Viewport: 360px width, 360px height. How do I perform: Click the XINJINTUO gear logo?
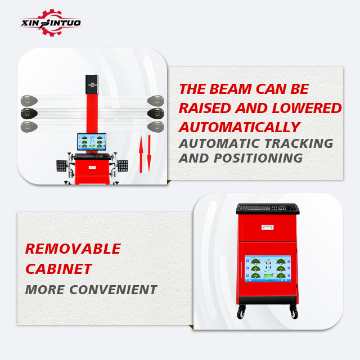point(51,22)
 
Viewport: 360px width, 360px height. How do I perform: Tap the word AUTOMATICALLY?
point(240,127)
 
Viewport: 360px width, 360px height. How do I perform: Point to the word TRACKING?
point(299,143)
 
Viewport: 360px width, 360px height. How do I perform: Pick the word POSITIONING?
point(258,158)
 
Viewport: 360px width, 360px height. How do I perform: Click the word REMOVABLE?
point(73,249)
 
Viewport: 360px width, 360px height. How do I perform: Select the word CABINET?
point(58,269)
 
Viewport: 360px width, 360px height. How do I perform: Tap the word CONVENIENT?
point(114,290)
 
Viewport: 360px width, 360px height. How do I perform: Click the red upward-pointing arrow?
point(141,154)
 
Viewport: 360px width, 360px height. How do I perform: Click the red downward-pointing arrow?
point(149,154)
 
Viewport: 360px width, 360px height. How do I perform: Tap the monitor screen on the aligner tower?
point(92,141)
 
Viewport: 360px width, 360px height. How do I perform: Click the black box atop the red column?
point(92,84)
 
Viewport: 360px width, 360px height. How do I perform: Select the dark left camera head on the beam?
point(29,114)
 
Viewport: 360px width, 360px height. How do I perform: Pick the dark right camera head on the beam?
point(156,114)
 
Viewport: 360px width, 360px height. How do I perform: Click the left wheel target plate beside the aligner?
point(61,166)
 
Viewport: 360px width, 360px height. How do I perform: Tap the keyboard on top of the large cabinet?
point(268,209)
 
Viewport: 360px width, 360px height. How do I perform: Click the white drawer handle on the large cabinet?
point(268,227)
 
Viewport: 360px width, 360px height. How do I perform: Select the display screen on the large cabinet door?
point(268,269)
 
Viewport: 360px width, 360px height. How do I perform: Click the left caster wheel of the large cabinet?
point(241,312)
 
